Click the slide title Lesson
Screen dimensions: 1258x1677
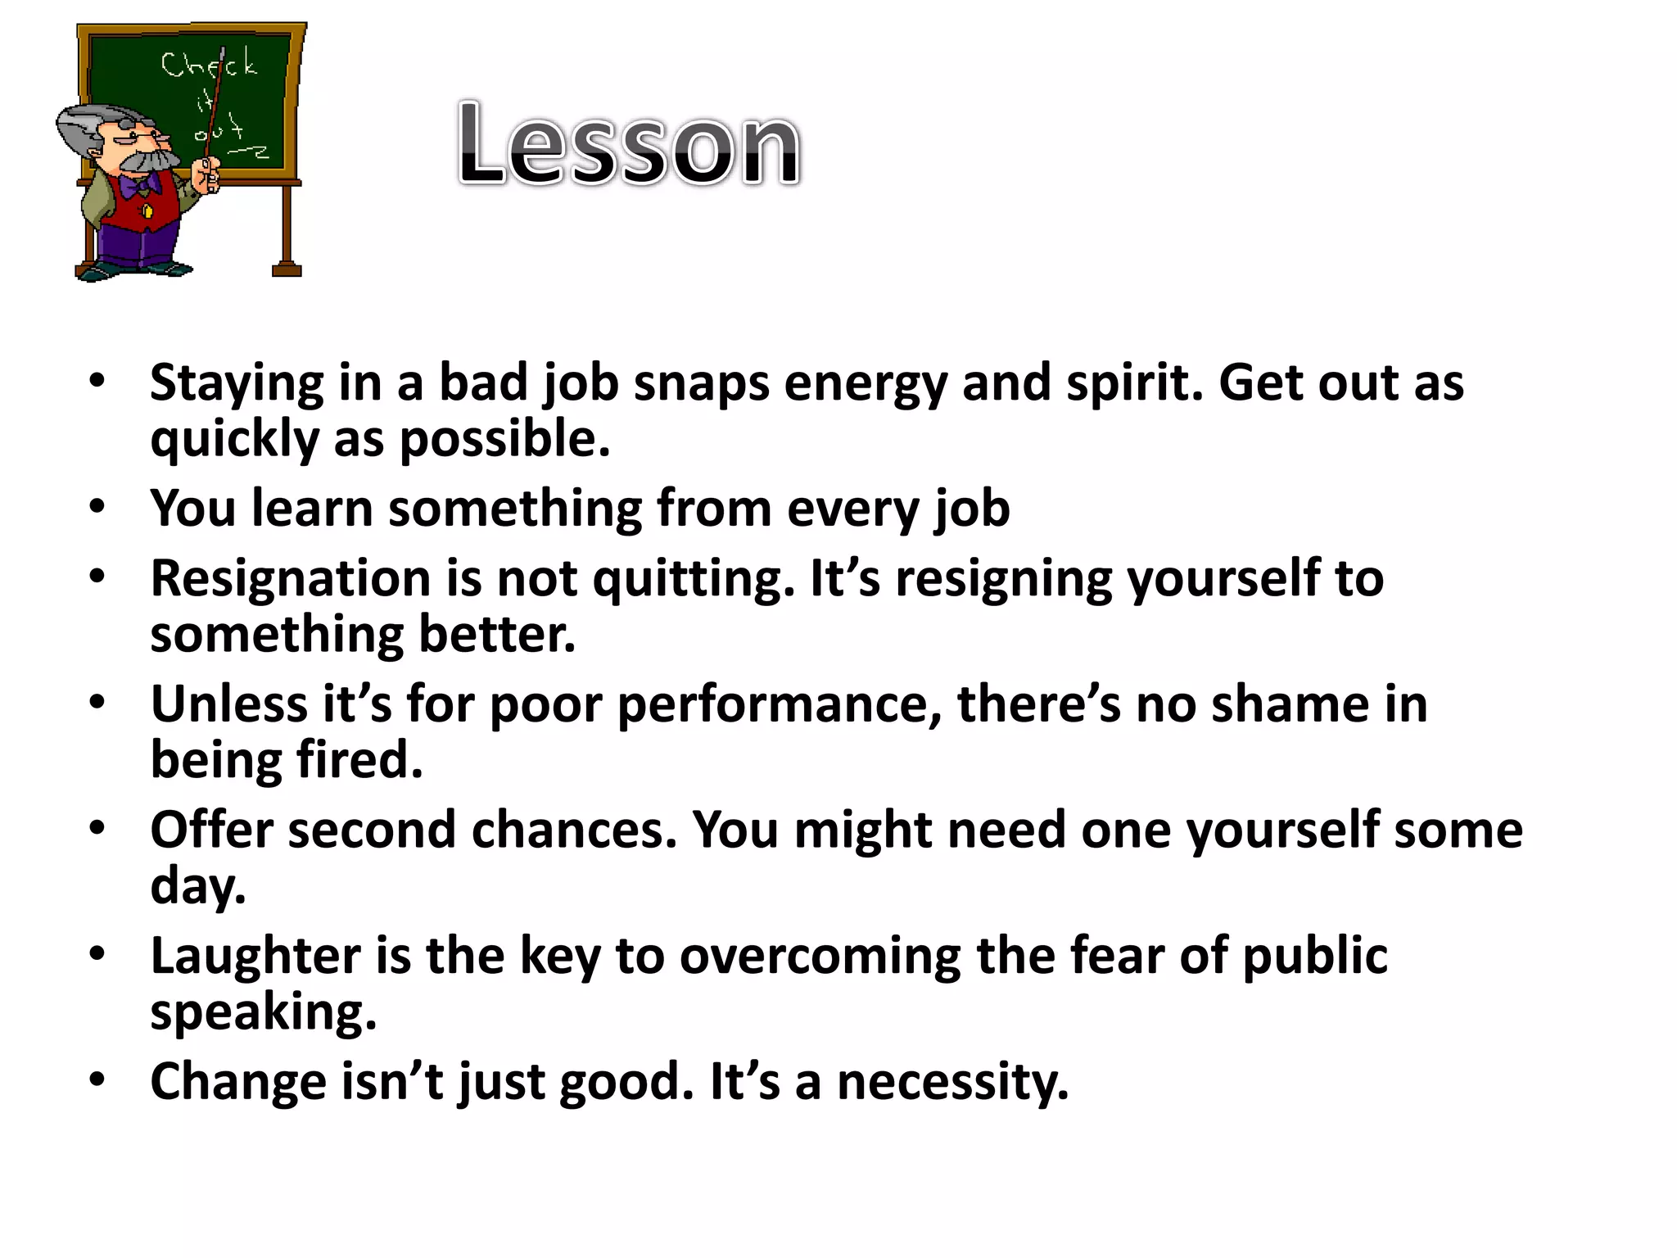[x=629, y=144]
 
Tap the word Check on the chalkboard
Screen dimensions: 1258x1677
[x=209, y=64]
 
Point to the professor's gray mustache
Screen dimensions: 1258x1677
[x=147, y=161]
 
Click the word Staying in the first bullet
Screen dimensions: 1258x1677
[x=237, y=383]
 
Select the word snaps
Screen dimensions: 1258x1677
[x=701, y=383]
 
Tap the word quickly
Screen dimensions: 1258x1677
[x=234, y=440]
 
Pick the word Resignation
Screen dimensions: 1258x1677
[x=290, y=578]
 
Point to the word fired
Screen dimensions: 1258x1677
[x=359, y=760]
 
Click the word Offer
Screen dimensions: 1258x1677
[x=211, y=830]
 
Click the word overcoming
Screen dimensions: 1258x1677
[x=820, y=956]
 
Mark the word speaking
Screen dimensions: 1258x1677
[x=263, y=1012]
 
